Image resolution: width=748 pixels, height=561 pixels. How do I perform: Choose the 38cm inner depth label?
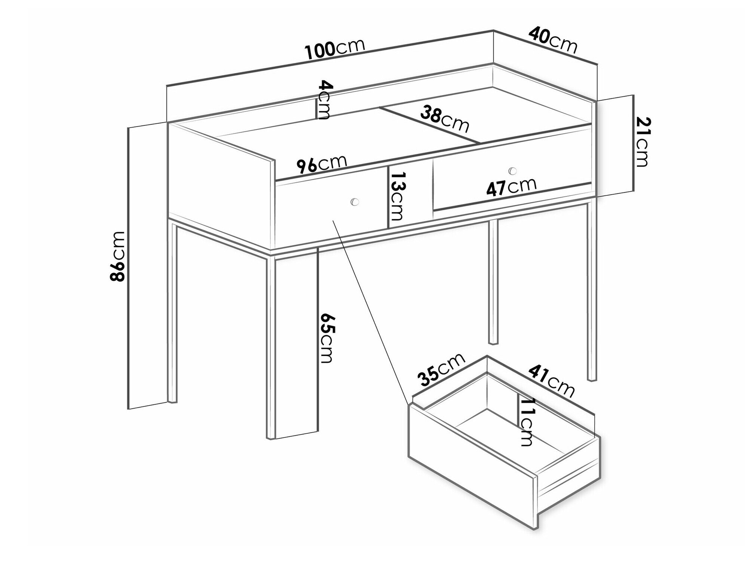(444, 119)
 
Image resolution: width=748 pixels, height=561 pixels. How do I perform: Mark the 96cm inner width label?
(322, 164)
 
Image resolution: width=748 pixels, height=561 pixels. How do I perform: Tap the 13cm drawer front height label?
(397, 196)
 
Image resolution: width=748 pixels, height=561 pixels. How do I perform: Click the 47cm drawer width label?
(511, 186)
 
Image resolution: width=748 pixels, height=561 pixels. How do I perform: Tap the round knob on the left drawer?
(354, 202)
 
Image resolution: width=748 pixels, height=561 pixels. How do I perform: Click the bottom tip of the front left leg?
(272, 438)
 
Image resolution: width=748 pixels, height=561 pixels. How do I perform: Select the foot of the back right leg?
(494, 342)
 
